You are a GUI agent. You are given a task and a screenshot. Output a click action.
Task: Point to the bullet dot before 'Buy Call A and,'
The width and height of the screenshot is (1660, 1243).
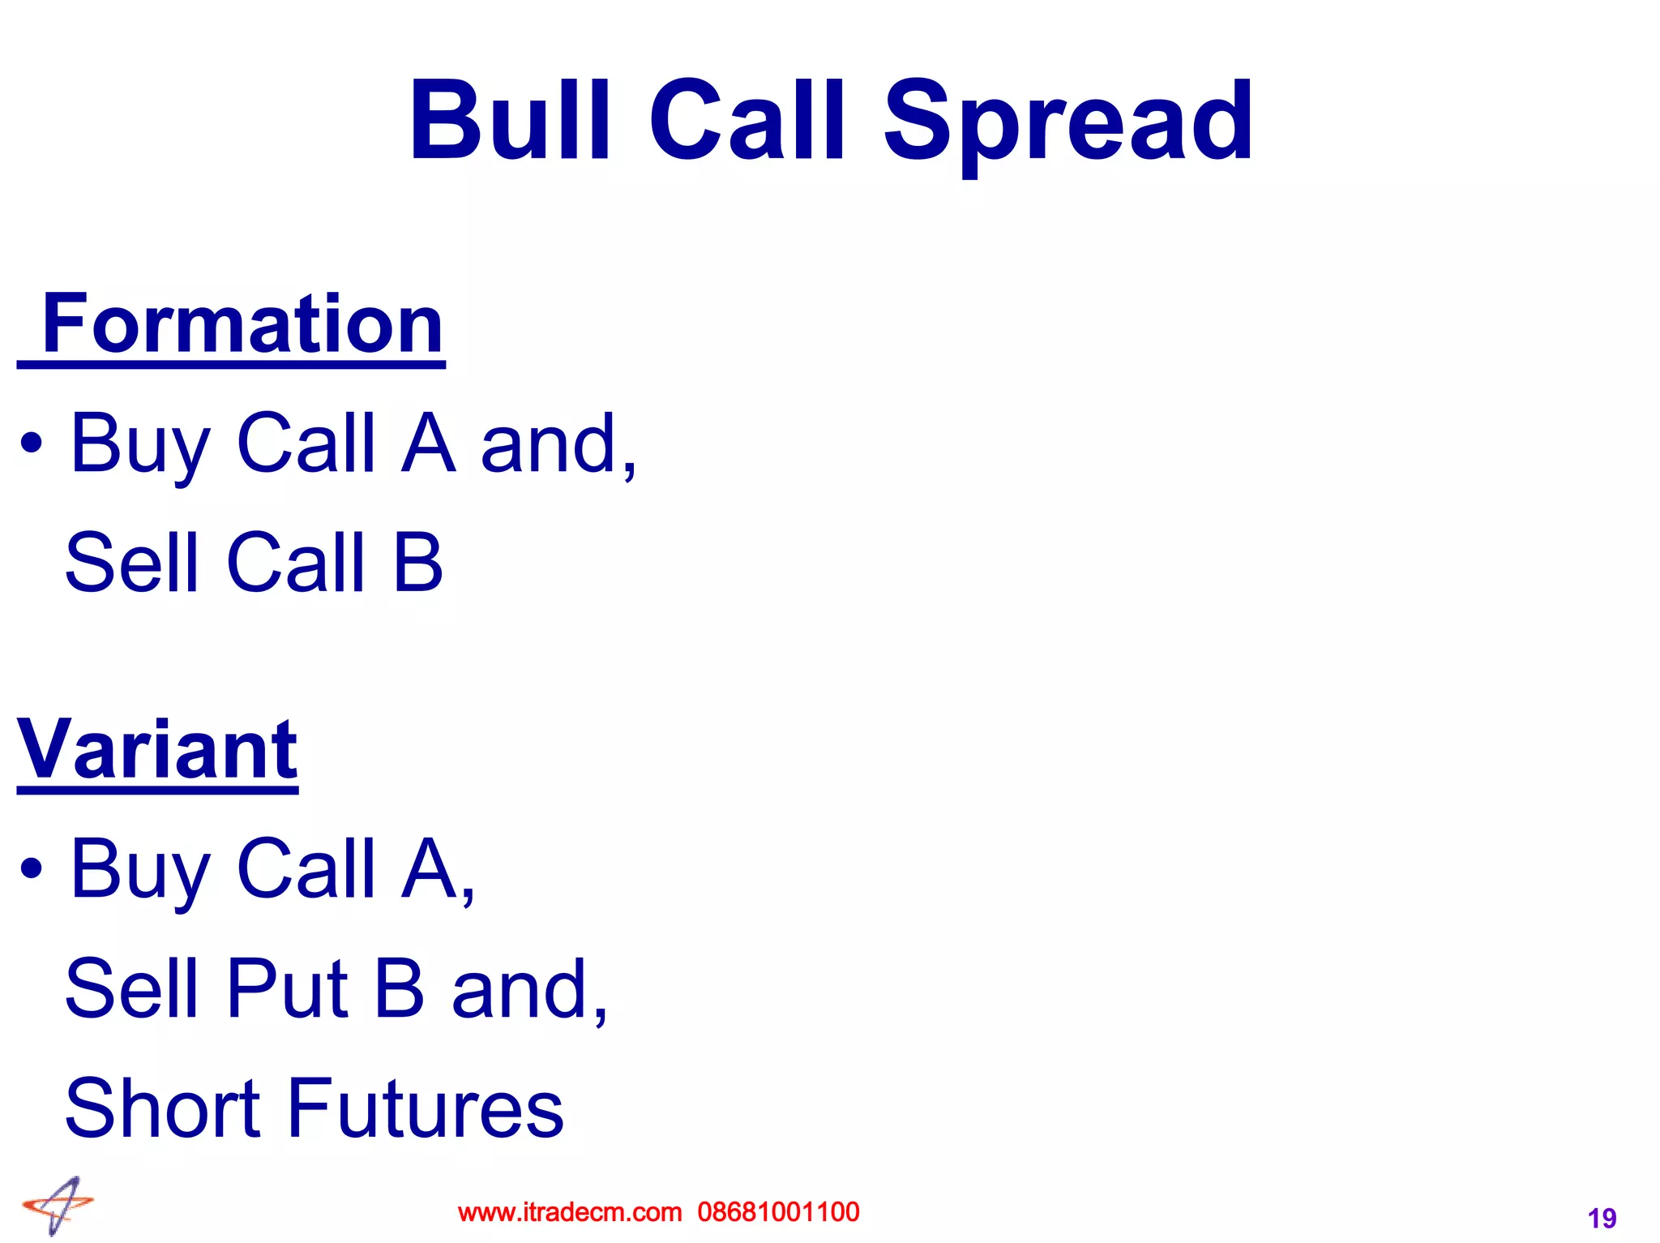(32, 444)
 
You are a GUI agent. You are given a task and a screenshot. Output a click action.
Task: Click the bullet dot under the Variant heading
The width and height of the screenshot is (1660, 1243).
(32, 869)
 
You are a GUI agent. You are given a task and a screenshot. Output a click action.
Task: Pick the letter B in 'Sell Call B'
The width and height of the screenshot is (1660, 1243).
(417, 562)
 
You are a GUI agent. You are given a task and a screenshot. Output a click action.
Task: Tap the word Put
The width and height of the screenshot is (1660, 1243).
(288, 988)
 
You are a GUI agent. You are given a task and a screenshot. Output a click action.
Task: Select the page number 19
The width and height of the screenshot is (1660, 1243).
(1602, 1218)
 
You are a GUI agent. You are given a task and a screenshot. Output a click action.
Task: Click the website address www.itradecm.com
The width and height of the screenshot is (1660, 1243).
(570, 1212)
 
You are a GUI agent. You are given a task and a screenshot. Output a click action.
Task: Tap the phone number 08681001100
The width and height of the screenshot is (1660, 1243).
(778, 1212)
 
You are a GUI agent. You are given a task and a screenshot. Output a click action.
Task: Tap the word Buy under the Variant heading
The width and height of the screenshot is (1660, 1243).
(140, 871)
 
